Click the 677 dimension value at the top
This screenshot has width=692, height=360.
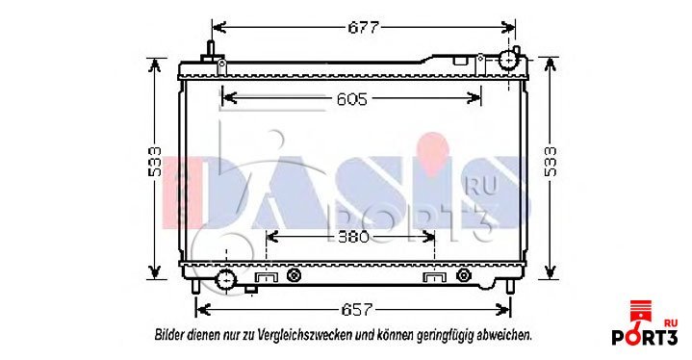pyautogui.click(x=363, y=28)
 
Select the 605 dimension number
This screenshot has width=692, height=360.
pyautogui.click(x=351, y=99)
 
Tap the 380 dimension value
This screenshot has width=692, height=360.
pyautogui.click(x=353, y=238)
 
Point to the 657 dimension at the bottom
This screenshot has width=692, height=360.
pyautogui.click(x=356, y=310)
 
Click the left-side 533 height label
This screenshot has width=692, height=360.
pyautogui.click(x=154, y=162)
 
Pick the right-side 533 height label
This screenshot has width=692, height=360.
pyautogui.click(x=551, y=162)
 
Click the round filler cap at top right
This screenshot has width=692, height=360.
pyautogui.click(x=508, y=60)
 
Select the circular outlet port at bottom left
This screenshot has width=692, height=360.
pyautogui.click(x=226, y=279)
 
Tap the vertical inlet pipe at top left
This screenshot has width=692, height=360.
pyautogui.click(x=211, y=50)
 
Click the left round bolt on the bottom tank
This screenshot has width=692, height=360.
pyautogui.click(x=294, y=275)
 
